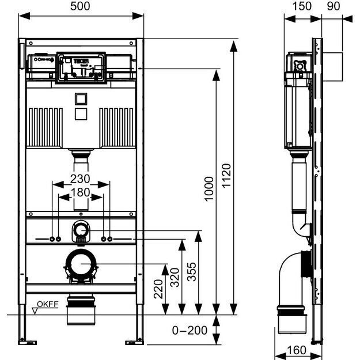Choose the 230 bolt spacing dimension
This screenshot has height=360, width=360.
pyautogui.click(x=81, y=179)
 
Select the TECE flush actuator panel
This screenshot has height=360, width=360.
pyautogui.click(x=81, y=65)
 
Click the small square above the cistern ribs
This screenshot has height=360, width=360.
pyautogui.click(x=81, y=100)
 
